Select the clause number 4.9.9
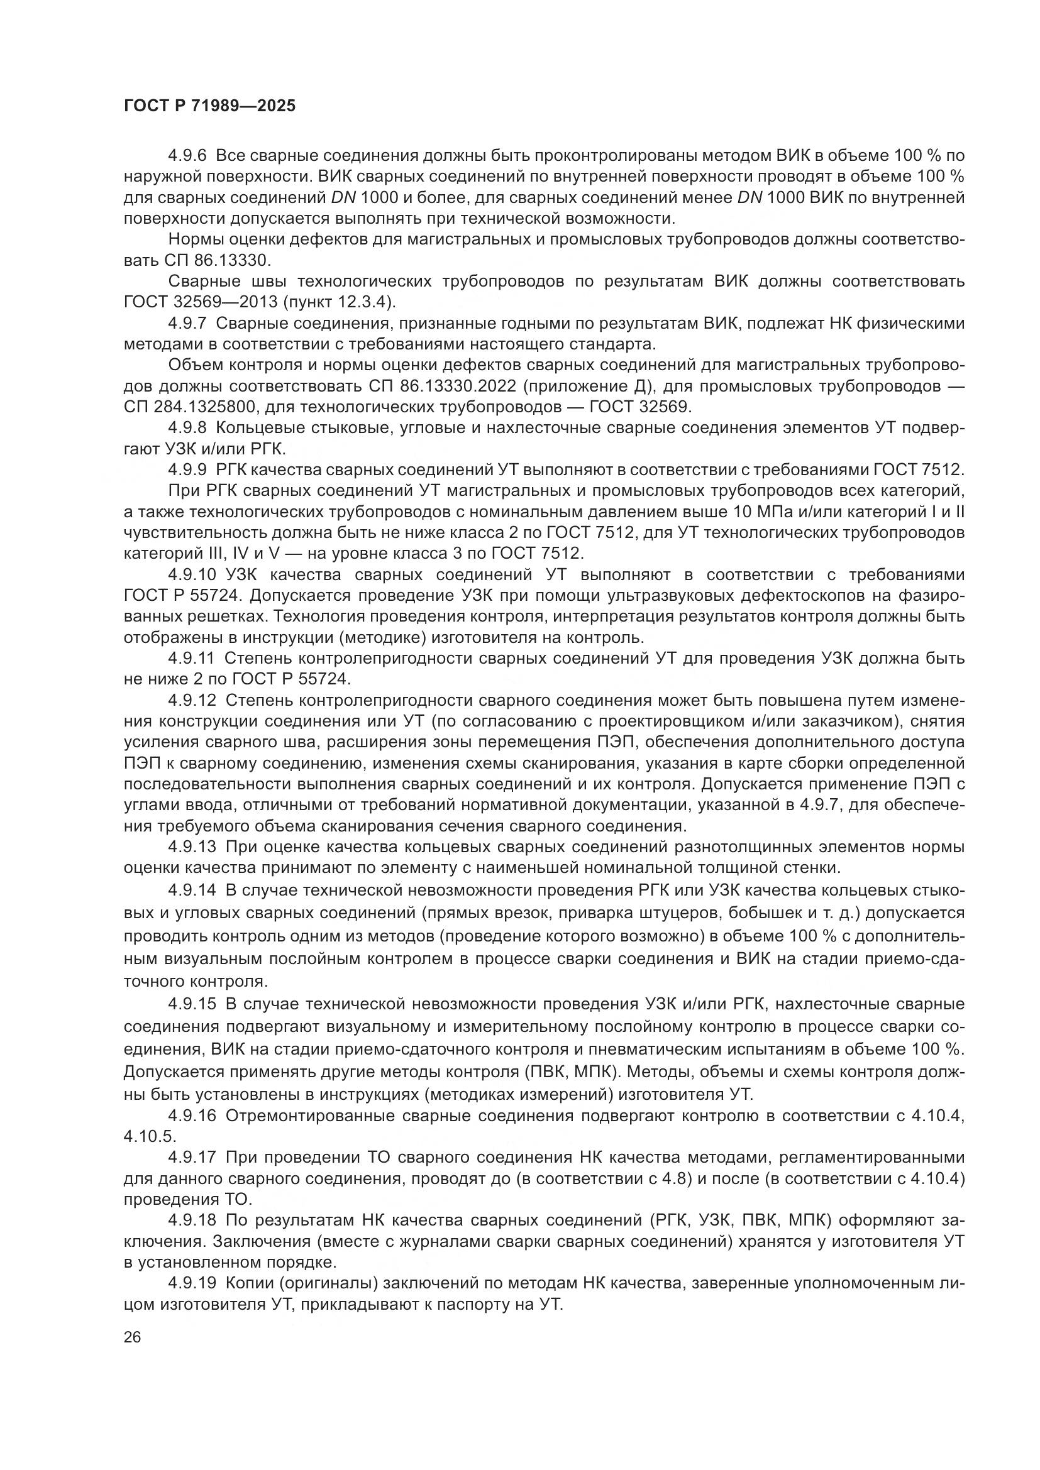tap(187, 470)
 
